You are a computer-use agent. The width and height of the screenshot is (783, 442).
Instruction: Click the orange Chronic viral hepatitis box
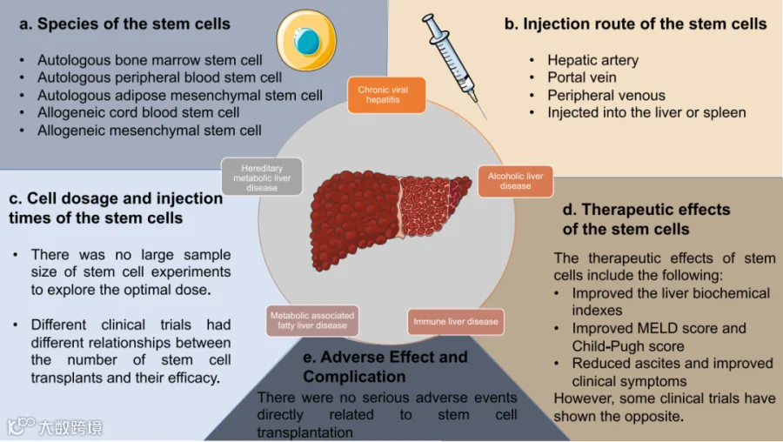[386, 95]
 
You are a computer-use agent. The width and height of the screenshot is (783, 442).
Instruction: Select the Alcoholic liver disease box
[515, 181]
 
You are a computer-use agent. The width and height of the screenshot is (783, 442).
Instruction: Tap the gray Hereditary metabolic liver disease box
[262, 177]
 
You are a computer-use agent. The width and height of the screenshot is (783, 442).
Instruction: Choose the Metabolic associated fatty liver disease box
[312, 321]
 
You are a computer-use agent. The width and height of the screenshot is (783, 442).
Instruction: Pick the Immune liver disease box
[455, 322]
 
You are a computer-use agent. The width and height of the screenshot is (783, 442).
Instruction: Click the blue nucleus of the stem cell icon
[306, 41]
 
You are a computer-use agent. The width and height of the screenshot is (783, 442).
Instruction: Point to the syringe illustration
[453, 65]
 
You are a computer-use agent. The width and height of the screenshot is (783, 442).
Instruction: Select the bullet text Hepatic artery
[592, 60]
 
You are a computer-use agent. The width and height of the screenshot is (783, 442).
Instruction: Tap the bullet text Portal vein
[582, 77]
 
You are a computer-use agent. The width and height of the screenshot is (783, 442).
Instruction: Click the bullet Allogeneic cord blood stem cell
[138, 112]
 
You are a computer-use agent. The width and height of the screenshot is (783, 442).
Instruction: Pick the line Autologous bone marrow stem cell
[150, 60]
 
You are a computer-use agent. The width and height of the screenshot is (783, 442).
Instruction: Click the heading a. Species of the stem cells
[124, 24]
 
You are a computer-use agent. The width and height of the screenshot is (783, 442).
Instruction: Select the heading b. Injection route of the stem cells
[635, 24]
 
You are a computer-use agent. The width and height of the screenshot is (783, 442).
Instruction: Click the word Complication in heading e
[354, 377]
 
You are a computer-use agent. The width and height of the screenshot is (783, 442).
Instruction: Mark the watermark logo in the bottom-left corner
[55, 427]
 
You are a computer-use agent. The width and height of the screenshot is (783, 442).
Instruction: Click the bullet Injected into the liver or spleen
[646, 113]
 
